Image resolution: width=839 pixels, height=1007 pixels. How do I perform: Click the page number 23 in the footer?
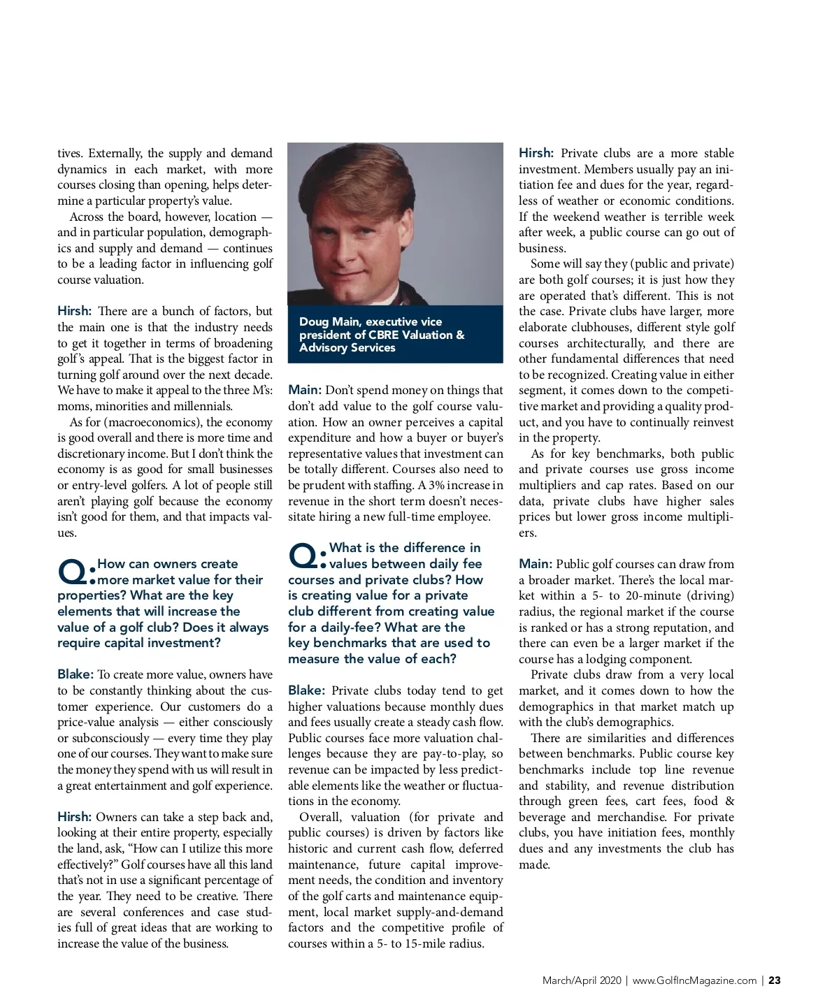point(774,980)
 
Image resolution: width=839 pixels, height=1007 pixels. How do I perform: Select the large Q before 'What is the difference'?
point(304,557)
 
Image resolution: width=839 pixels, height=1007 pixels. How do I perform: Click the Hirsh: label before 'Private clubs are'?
point(536,153)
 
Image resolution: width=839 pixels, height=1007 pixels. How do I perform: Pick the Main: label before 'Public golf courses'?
point(536,564)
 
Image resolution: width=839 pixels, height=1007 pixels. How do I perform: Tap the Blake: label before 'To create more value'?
point(76,674)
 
